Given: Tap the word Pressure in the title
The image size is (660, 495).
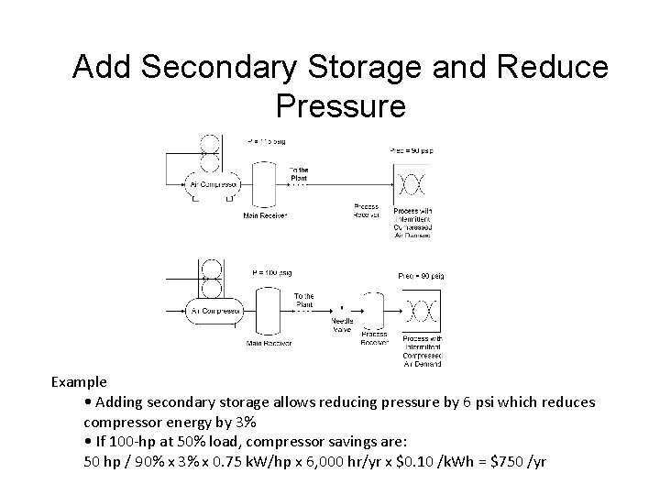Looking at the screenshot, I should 339,106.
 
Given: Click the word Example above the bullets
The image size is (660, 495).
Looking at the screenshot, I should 79,381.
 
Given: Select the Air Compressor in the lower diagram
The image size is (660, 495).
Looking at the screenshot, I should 214,311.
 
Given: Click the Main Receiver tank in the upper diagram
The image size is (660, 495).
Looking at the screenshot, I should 266,181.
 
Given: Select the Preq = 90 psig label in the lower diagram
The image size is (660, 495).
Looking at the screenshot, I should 421,275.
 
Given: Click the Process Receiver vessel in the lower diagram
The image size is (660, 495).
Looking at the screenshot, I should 374,311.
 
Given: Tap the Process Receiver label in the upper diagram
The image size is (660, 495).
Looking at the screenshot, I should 366,211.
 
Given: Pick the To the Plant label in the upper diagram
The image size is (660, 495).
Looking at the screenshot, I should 299,173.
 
